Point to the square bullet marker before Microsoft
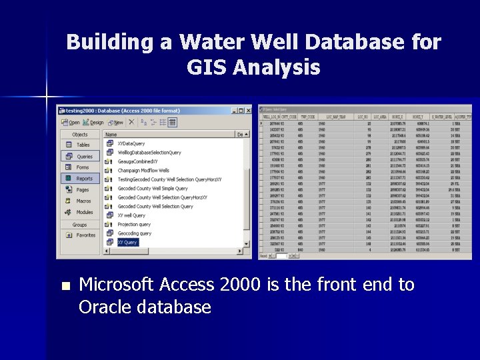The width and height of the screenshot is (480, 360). (x=65, y=286)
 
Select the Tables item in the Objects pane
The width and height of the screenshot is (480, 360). (x=83, y=145)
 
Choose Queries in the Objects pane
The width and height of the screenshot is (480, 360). (x=85, y=156)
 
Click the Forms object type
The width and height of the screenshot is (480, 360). (x=83, y=167)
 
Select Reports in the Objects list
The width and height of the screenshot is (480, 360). (x=84, y=179)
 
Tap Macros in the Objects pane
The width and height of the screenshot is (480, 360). (x=83, y=201)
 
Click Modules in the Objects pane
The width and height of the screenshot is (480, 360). (x=85, y=212)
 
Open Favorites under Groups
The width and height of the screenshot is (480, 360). (x=85, y=235)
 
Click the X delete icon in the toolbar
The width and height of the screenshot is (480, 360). (x=131, y=123)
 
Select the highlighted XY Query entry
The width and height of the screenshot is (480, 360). (x=127, y=243)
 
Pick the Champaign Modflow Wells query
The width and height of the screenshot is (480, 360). (x=143, y=171)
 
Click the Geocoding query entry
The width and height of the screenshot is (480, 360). (x=134, y=233)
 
